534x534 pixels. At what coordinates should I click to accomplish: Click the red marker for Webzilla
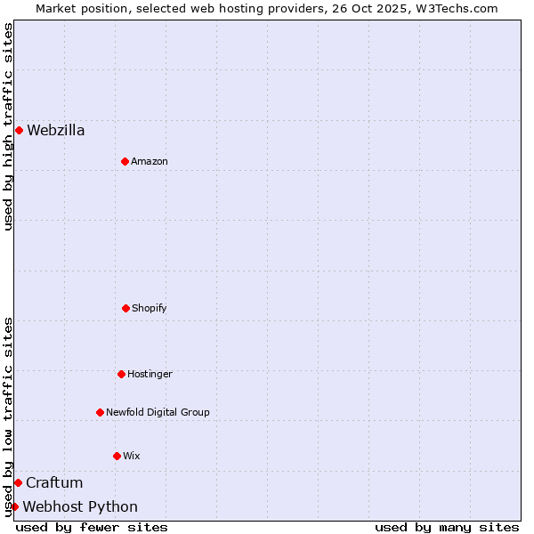coord(19,130)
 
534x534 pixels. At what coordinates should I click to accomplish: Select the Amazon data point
coord(125,161)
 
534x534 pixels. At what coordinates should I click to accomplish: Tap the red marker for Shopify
coord(125,308)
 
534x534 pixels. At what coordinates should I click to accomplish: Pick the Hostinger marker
coord(121,374)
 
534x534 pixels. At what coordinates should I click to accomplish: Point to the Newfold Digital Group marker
coord(100,412)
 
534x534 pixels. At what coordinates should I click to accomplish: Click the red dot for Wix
coord(117,456)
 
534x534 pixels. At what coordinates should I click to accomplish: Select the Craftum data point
coord(18,482)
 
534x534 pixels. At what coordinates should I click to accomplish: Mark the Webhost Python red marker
coord(14,506)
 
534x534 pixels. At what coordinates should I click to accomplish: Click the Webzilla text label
coord(56,131)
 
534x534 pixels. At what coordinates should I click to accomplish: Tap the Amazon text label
coord(150,162)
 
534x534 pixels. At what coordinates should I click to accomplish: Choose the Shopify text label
coord(150,309)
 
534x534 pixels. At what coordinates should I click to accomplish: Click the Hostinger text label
coord(150,375)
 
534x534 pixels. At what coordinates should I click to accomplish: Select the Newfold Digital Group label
coord(158,413)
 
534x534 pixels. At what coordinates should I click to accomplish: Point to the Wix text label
coord(132,457)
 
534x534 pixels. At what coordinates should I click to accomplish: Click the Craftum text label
coord(54,483)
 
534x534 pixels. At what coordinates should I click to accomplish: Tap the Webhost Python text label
coord(80,507)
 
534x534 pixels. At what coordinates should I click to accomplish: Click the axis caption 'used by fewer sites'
coord(92,527)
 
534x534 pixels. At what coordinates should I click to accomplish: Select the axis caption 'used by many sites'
coord(447,527)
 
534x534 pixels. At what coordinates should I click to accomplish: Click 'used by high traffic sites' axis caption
coord(8,126)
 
